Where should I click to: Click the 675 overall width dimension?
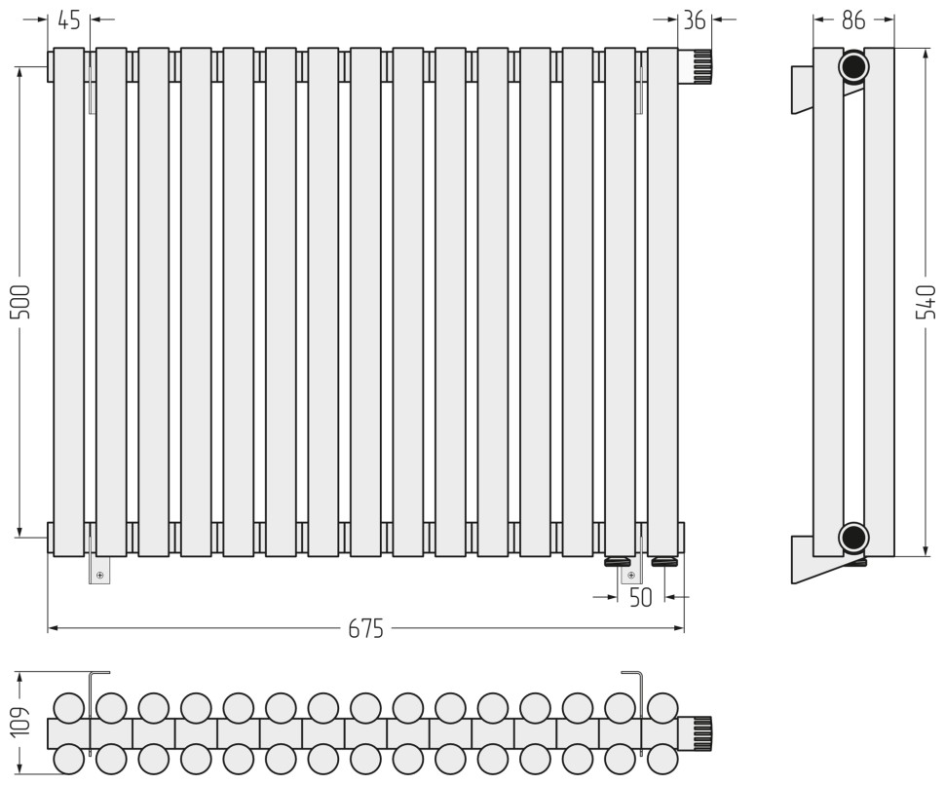[366, 629]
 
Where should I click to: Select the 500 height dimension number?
[20, 303]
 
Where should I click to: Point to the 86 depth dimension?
[853, 19]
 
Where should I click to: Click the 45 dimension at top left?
[69, 19]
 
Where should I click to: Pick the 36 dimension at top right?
[695, 19]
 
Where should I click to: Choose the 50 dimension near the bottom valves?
[640, 598]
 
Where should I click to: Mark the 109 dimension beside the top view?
[20, 723]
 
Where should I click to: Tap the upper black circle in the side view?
[853, 67]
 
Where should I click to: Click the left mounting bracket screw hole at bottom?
[99, 576]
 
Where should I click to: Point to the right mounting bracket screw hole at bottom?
[626, 576]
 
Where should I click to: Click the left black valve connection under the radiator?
[619, 562]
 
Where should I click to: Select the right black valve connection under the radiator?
[665, 562]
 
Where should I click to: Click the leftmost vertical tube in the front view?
[69, 302]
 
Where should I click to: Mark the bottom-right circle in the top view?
[663, 758]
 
